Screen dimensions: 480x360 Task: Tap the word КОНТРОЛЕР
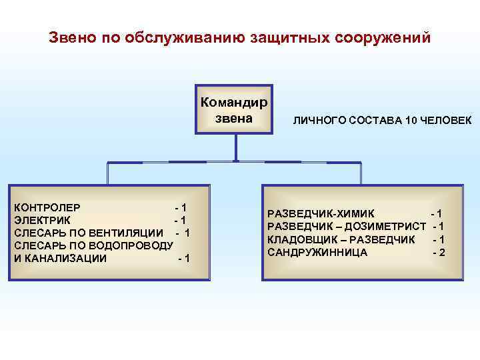(47, 208)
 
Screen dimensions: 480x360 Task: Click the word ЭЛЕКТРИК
(41, 220)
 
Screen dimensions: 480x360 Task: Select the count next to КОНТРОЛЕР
(180, 208)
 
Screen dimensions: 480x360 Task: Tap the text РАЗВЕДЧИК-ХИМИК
(321, 214)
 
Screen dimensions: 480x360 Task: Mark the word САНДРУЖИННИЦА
(317, 252)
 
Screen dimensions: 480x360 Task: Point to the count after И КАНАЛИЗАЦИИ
(183, 258)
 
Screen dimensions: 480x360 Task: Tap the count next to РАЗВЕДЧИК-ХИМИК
(437, 214)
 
